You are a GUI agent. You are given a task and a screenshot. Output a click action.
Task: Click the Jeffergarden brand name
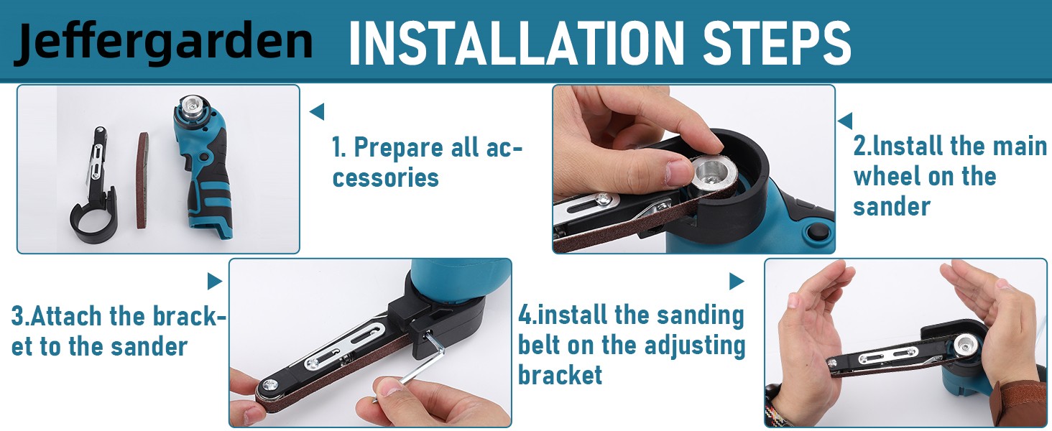point(163,42)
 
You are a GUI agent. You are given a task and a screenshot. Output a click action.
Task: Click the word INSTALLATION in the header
point(516,42)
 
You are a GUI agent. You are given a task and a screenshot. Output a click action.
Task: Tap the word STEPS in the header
point(777,42)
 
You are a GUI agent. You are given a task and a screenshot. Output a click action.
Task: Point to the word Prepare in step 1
point(398,148)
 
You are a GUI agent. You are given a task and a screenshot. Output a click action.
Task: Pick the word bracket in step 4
point(560,375)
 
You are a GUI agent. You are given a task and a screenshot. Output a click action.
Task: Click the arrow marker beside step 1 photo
point(317,112)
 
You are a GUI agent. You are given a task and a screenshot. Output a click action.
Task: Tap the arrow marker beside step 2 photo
point(845,121)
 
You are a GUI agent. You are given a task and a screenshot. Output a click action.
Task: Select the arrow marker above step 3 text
point(214,282)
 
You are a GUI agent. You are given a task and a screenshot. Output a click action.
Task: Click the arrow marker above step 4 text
point(737,282)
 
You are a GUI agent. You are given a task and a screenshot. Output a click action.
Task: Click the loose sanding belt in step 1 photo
point(143,181)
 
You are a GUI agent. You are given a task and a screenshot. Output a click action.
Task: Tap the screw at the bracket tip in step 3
point(272,385)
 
